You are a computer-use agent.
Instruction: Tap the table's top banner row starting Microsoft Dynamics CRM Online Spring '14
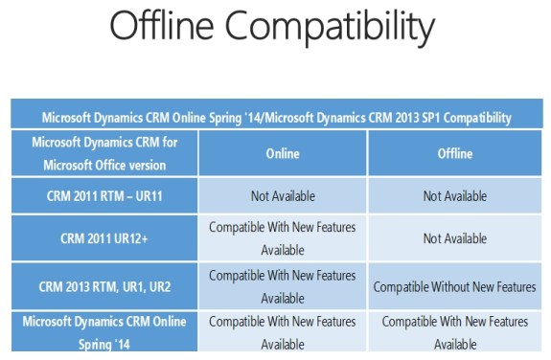tap(276, 118)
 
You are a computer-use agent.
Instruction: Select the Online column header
tap(282, 153)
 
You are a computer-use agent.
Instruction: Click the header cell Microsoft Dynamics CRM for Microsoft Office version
tap(104, 153)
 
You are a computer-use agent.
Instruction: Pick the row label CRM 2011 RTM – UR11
tap(104, 196)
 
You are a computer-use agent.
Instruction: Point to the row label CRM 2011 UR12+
tap(104, 238)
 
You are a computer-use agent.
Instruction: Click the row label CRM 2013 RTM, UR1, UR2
tap(104, 285)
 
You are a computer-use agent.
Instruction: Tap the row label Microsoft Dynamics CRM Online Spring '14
tap(104, 331)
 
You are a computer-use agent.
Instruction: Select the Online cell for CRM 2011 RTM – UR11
tap(282, 196)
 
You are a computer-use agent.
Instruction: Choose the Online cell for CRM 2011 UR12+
tap(282, 238)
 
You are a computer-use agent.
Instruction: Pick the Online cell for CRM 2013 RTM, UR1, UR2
tap(282, 285)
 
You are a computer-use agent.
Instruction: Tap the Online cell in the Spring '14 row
tap(282, 331)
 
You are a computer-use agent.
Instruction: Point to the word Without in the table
tap(452, 286)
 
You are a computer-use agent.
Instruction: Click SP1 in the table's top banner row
tap(420, 118)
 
